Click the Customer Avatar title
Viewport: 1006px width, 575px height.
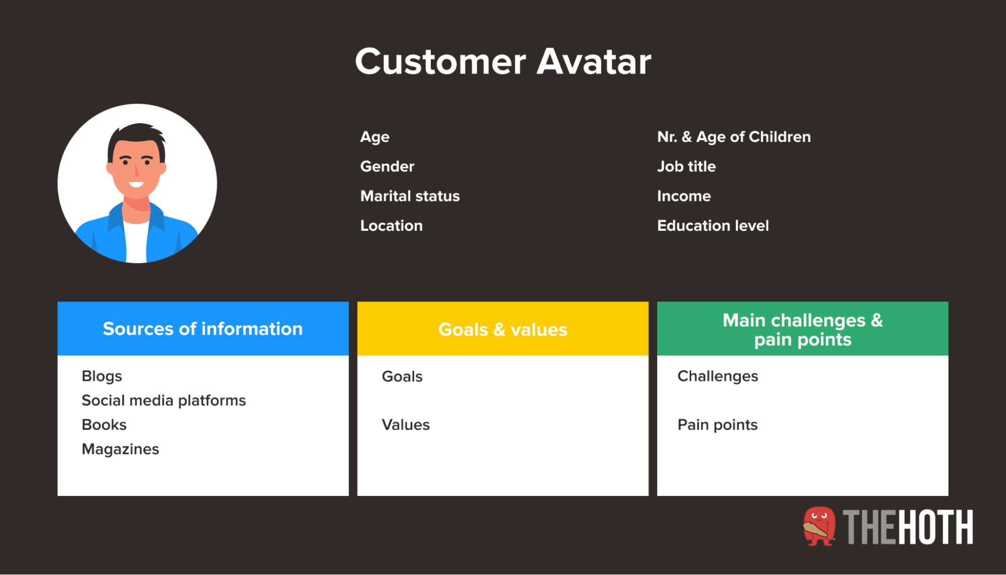click(x=503, y=62)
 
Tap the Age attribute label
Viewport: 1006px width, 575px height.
click(x=374, y=137)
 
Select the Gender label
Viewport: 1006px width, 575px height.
click(x=387, y=167)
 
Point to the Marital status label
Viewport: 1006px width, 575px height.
click(x=410, y=196)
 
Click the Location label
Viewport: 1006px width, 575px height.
click(x=391, y=226)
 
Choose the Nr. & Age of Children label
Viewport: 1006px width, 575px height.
click(x=734, y=137)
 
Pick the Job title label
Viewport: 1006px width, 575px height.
click(x=686, y=167)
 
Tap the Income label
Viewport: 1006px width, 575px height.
click(x=683, y=196)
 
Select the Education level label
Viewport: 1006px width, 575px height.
click(x=713, y=226)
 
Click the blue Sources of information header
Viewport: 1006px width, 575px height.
click(x=203, y=328)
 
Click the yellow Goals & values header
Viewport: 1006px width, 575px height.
click(x=503, y=328)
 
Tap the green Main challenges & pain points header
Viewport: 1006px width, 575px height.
click(x=803, y=328)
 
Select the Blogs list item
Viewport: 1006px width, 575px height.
click(x=102, y=377)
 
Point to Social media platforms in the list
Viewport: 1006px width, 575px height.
click(x=164, y=401)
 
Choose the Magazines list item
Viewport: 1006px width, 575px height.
click(x=120, y=449)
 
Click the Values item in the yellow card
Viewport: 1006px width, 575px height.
click(x=406, y=425)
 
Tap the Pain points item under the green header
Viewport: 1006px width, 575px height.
click(x=717, y=425)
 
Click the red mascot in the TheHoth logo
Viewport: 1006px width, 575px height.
click(x=819, y=526)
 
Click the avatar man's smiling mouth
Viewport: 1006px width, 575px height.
click(x=136, y=184)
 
